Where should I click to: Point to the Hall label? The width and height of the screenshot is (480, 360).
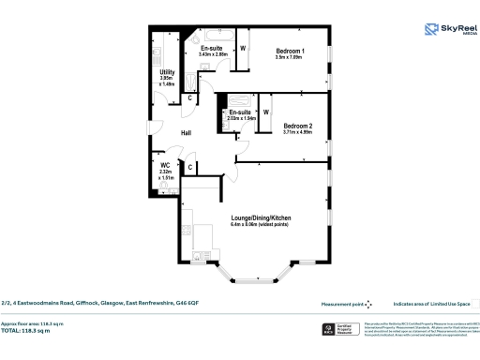tap(187, 133)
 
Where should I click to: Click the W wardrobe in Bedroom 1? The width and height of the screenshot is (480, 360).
tap(243, 47)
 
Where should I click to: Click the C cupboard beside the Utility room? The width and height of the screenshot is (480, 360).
tap(191, 97)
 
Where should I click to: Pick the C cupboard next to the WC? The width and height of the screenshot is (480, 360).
tap(190, 168)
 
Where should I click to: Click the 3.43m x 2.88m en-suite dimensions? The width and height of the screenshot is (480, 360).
tap(214, 54)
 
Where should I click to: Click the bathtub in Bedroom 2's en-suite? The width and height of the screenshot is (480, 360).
tap(235, 98)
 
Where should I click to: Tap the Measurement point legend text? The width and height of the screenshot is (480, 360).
tap(342, 304)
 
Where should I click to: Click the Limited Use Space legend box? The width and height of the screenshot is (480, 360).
tap(474, 304)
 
